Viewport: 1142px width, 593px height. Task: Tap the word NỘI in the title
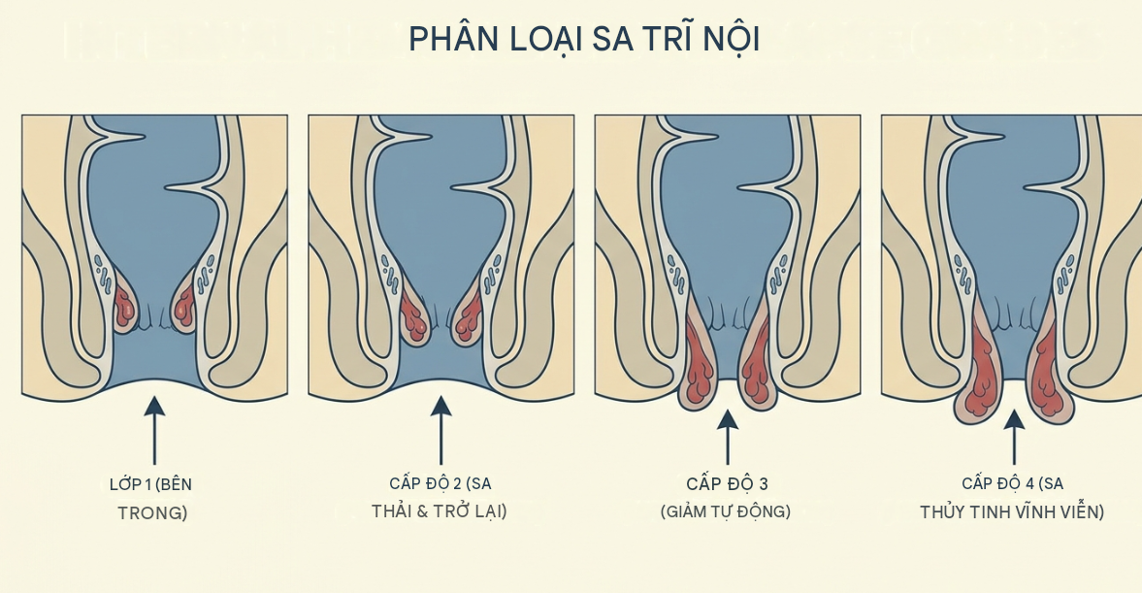coord(731,39)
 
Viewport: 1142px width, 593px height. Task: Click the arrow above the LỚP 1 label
coord(153,430)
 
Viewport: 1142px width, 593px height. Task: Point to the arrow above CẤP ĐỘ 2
coord(440,430)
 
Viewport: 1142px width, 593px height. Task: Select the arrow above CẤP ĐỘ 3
coord(727,437)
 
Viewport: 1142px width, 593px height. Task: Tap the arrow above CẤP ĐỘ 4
coord(1014,437)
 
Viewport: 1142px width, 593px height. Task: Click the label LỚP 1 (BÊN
coord(150,484)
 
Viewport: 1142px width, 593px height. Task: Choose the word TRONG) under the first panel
coord(152,512)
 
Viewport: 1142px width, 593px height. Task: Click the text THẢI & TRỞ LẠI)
coord(440,511)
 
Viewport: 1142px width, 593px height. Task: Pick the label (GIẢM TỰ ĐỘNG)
coord(726,511)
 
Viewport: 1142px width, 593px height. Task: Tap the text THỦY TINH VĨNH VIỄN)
coord(1012,512)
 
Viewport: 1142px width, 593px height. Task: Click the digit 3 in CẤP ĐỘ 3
coord(764,483)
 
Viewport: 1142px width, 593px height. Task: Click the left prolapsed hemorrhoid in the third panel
coord(700,361)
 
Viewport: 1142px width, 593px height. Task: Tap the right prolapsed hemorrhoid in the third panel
coord(758,361)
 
